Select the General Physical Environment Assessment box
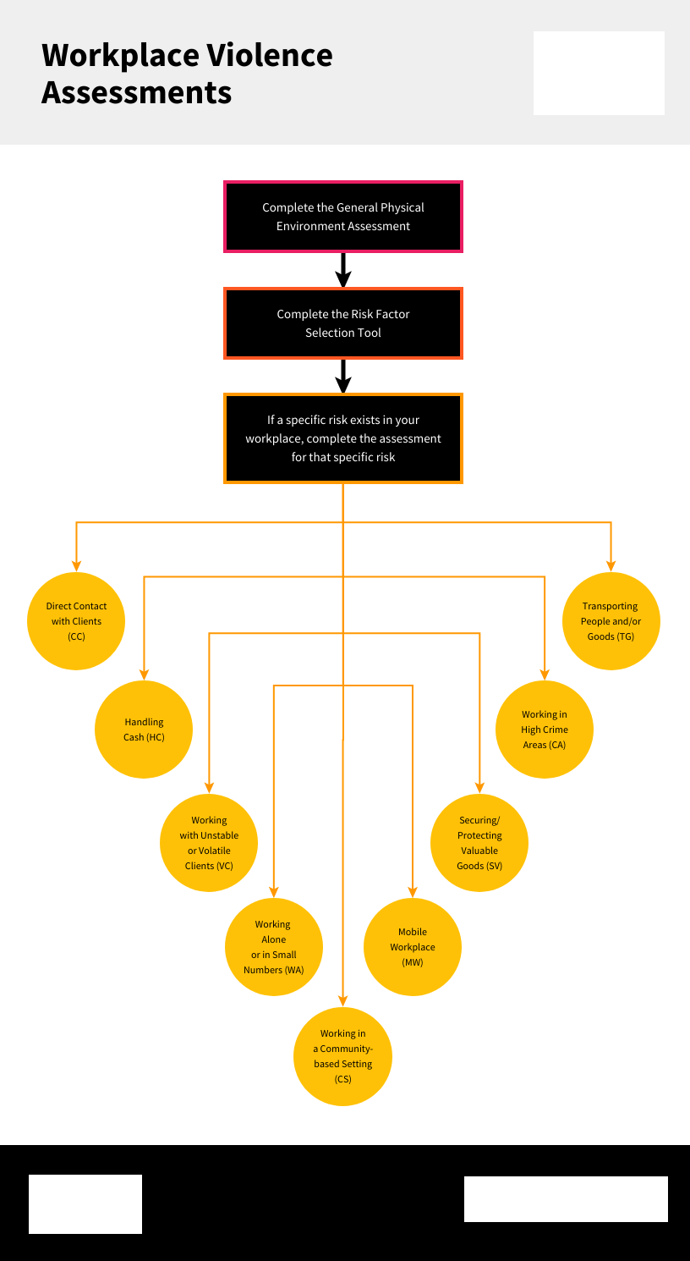(x=343, y=217)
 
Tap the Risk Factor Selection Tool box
(x=343, y=323)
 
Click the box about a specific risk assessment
(x=343, y=438)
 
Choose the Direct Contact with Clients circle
(x=77, y=621)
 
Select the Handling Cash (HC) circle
(x=145, y=730)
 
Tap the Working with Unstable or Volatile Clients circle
(x=209, y=843)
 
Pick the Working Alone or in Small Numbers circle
(x=274, y=947)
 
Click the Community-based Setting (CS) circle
(x=343, y=1056)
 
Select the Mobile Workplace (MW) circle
(x=413, y=947)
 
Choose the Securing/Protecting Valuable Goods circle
(x=479, y=843)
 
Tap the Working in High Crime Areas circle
(x=545, y=730)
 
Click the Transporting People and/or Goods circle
(x=611, y=621)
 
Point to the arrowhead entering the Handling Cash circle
(x=145, y=674)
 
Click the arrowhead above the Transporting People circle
(x=611, y=565)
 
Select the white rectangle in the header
(x=599, y=73)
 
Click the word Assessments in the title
(x=137, y=92)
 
